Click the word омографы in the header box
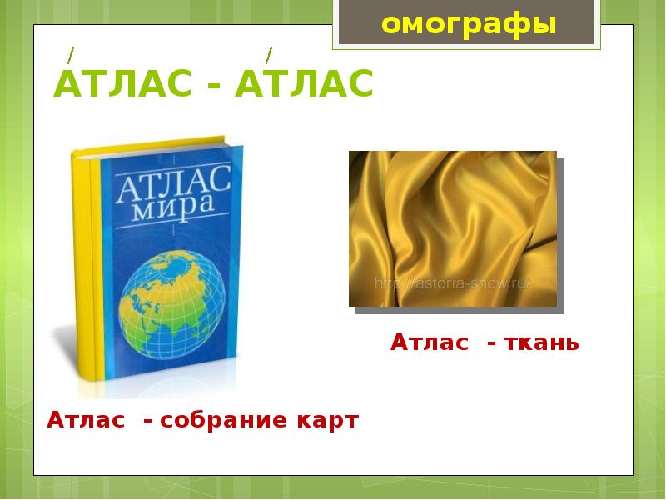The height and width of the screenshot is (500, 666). pos(468,24)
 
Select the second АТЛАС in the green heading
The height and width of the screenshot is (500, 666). pos(304,85)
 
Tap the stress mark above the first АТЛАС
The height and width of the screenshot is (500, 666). pos(72,55)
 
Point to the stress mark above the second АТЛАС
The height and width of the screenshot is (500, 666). pos(268,55)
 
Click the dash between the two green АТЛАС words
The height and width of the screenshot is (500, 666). pos(213,87)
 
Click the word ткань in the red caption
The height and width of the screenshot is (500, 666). pos(544,342)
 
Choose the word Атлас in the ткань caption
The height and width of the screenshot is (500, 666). pos(430,342)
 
